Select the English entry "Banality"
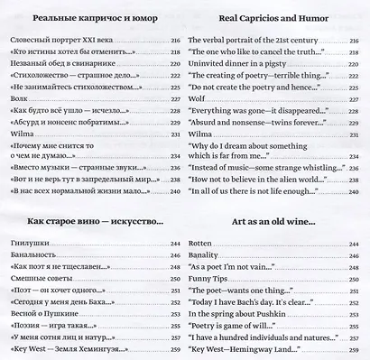click(x=206, y=259)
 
